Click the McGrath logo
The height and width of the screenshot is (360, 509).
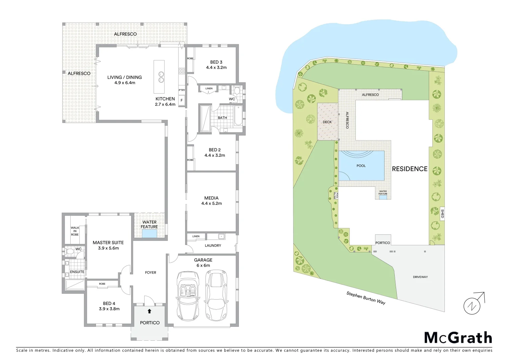(x=458, y=338)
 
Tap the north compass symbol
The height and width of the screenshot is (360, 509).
(x=472, y=305)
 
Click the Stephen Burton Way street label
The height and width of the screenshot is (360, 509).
(x=366, y=298)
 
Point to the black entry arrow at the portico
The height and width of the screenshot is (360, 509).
(x=149, y=311)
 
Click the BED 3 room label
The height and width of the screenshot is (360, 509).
(x=216, y=62)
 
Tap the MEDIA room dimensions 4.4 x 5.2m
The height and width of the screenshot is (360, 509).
(x=212, y=203)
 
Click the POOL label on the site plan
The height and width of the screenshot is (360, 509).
(x=361, y=166)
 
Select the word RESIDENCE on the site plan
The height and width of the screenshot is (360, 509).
(x=409, y=169)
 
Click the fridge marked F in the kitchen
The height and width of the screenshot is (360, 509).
(x=182, y=100)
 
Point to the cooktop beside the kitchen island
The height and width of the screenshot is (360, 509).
(x=182, y=71)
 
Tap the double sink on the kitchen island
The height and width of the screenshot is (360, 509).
(x=161, y=77)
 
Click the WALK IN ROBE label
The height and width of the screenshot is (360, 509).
(x=75, y=231)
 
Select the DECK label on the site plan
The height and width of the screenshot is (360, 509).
(x=327, y=122)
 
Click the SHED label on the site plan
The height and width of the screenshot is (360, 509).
(x=442, y=213)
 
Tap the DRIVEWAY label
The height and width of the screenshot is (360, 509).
(x=420, y=277)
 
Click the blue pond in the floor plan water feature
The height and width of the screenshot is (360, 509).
(x=150, y=233)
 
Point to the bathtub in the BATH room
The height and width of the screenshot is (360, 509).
(x=238, y=115)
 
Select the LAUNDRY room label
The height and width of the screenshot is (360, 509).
(x=213, y=246)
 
